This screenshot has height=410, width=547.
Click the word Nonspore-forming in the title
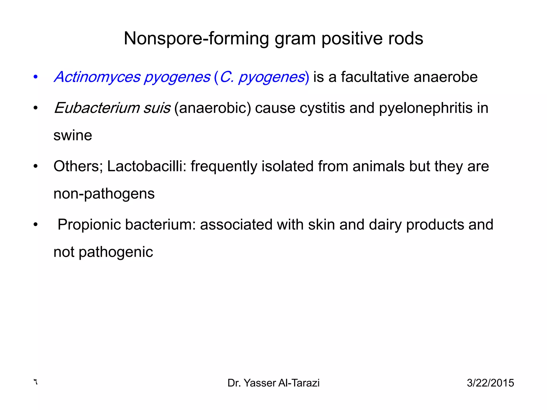tap(196, 39)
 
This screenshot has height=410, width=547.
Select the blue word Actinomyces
tap(97, 77)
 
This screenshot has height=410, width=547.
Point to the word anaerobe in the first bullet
tap(446, 77)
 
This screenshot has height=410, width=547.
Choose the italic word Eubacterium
tap(96, 108)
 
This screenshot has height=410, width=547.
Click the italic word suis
tap(157, 108)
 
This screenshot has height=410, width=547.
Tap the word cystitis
tap(322, 108)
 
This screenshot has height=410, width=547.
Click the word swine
tap(73, 135)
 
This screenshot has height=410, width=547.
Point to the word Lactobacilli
tap(147, 166)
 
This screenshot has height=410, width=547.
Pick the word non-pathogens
tap(104, 194)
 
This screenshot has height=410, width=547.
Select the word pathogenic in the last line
tap(116, 252)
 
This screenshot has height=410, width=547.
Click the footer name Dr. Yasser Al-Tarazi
tap(273, 383)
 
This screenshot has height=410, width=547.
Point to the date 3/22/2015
tap(490, 383)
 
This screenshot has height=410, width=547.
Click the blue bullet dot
tap(36, 77)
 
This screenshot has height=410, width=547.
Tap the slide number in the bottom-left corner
tap(35, 382)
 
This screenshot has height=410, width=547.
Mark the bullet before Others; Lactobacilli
tap(36, 166)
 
